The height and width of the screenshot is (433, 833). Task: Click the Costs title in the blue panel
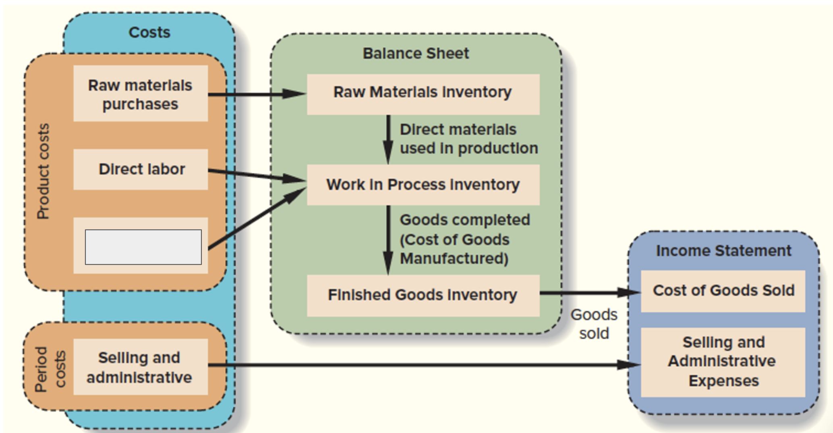[x=149, y=32]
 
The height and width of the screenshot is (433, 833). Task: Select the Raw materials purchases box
[x=140, y=94]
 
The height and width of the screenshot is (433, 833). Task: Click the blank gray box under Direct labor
[x=143, y=247]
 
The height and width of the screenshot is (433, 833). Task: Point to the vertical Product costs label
[x=43, y=171]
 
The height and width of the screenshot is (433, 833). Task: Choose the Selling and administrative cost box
[x=140, y=367]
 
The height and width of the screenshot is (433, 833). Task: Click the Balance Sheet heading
[x=416, y=53]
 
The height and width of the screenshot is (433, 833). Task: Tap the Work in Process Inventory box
[x=423, y=185]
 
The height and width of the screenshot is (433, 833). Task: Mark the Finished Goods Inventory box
[x=423, y=295]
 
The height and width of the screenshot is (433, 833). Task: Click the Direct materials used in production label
[x=468, y=139]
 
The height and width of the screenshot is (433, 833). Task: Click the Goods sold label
[x=594, y=324]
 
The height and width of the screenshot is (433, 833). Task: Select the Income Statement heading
[x=723, y=251]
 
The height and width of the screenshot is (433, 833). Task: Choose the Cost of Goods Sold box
[x=723, y=291]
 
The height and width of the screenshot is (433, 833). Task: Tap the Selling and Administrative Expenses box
[x=723, y=362]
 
